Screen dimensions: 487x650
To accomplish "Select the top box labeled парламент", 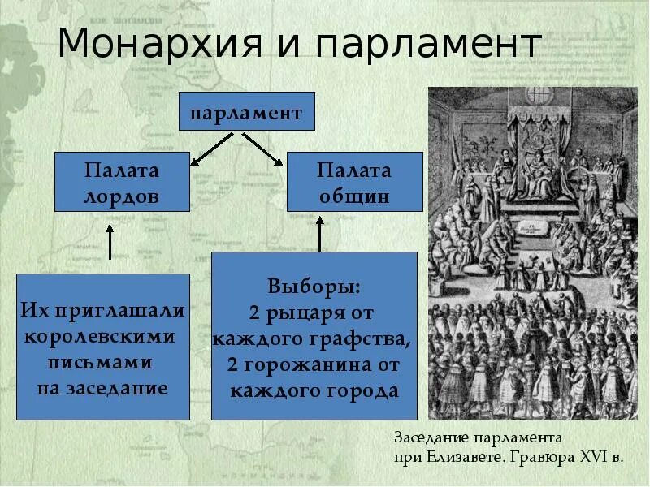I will (x=246, y=112).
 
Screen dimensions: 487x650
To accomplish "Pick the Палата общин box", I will (x=353, y=183).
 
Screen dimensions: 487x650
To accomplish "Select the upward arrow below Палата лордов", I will (x=110, y=241).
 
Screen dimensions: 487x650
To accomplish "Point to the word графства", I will (x=362, y=338).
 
